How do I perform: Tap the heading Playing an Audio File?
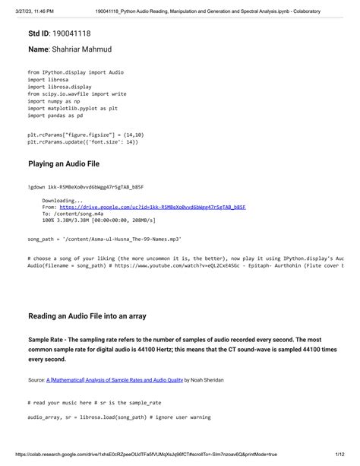[x=69, y=163]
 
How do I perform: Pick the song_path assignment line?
[x=104, y=239]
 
